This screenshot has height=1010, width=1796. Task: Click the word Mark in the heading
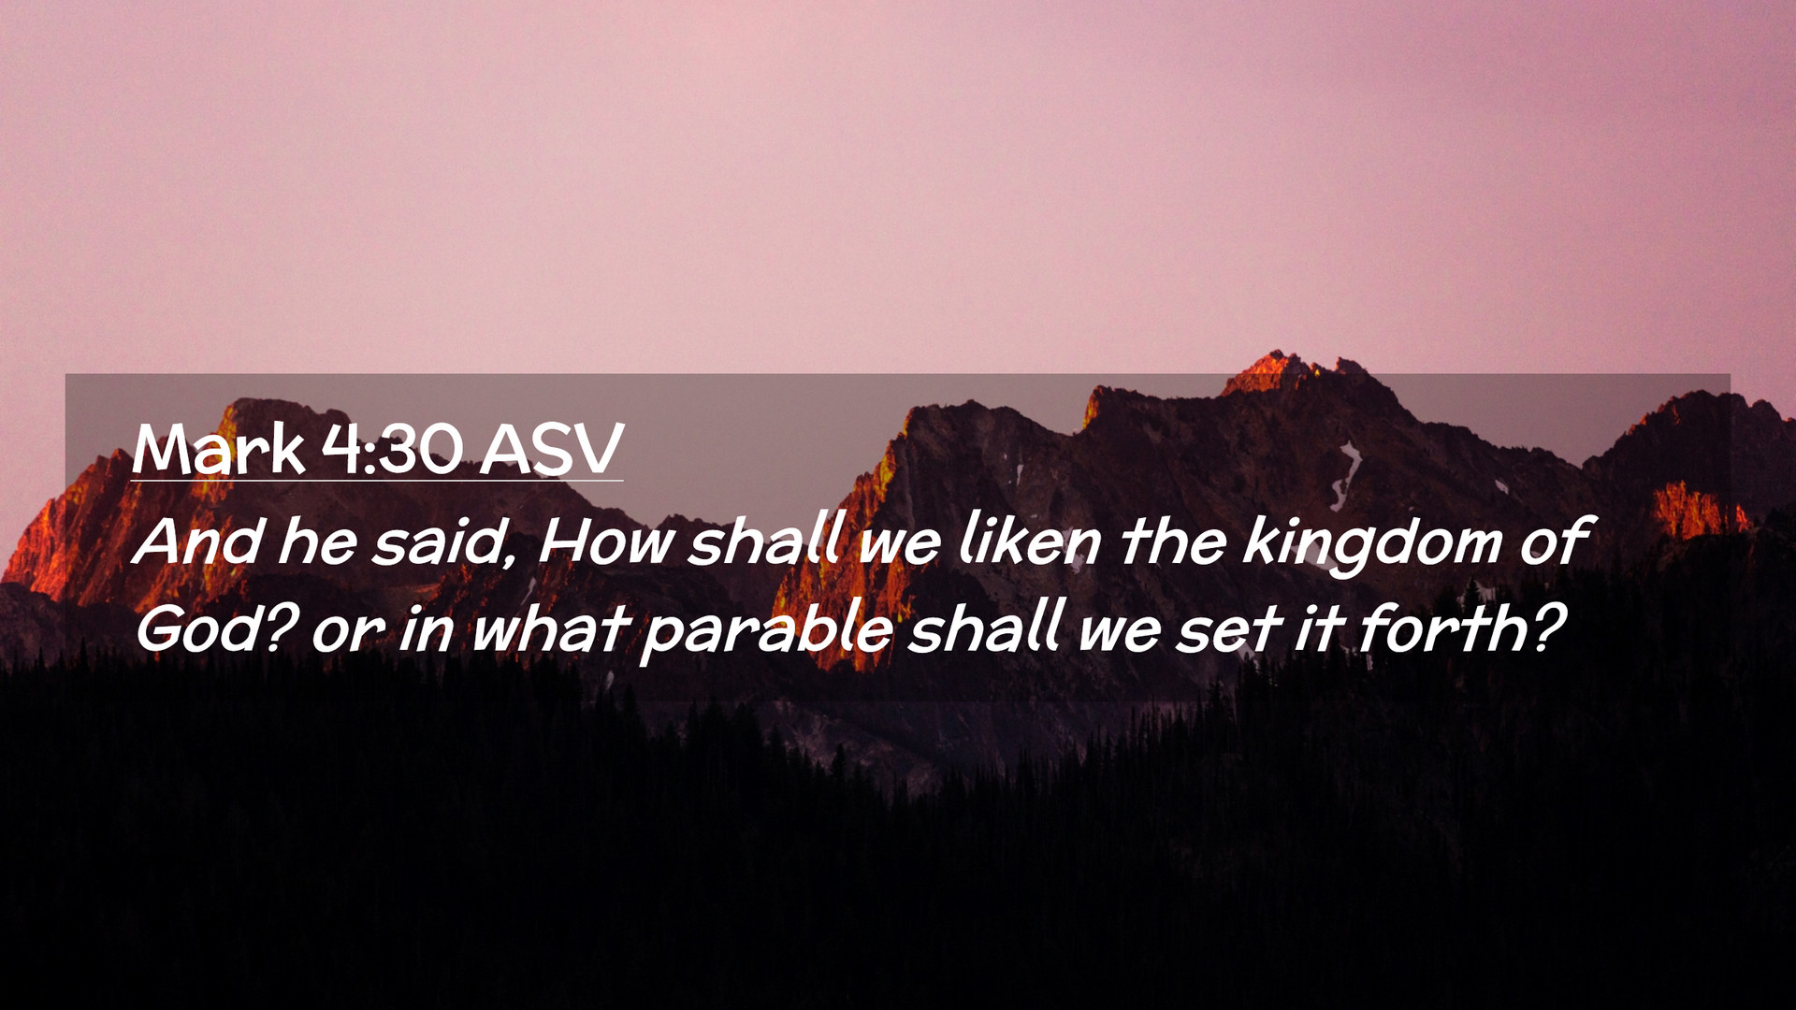(x=218, y=450)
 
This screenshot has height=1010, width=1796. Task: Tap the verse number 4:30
(x=392, y=450)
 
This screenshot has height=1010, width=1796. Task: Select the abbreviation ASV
(x=552, y=450)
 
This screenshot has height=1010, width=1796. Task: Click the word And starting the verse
(x=197, y=541)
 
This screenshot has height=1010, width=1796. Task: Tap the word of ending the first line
(x=1554, y=541)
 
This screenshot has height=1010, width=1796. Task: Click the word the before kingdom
(x=1173, y=541)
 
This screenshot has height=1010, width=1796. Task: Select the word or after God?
(x=347, y=634)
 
